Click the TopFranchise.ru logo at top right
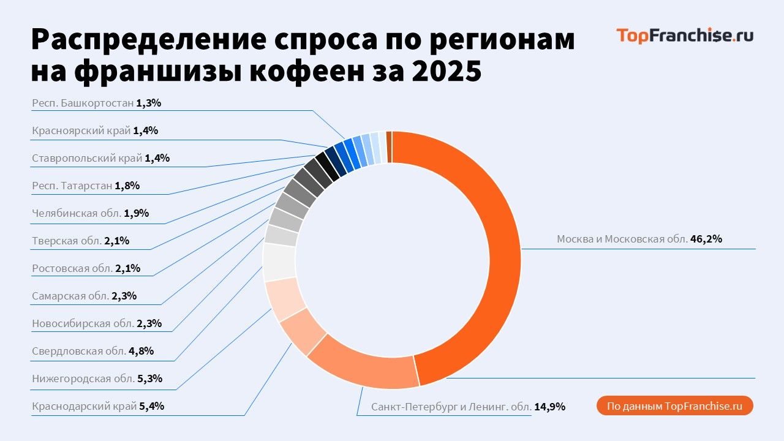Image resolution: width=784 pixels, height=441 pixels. (684, 36)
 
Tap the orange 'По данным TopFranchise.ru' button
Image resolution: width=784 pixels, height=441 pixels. (674, 406)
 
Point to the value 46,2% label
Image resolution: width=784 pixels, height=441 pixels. (706, 239)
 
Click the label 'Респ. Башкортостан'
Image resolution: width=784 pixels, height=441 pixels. (83, 103)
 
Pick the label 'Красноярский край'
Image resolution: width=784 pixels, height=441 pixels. (81, 130)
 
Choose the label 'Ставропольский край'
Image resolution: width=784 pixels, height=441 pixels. (87, 158)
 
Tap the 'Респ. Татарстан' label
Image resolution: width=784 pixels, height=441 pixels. (72, 186)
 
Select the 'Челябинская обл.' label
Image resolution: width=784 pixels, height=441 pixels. (77, 213)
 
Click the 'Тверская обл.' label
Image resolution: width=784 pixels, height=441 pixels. (67, 241)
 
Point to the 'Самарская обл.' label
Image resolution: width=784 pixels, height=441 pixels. (70, 296)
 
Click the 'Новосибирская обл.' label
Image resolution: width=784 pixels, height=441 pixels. (83, 323)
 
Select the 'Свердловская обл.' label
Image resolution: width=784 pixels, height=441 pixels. (79, 351)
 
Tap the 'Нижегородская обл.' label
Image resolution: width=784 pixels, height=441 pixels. (83, 379)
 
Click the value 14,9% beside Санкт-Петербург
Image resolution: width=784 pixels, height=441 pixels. (549, 406)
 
